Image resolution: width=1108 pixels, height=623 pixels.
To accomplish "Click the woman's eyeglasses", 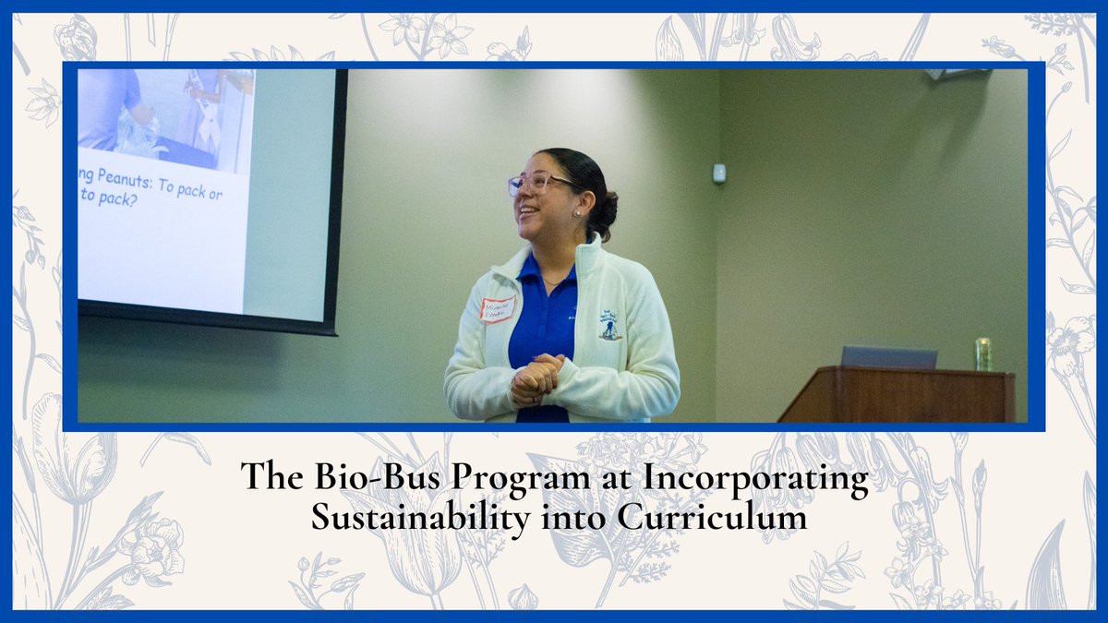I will click(537, 183).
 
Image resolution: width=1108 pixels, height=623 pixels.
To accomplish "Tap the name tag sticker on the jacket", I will click(498, 309).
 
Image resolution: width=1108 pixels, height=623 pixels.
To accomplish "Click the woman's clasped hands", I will click(536, 378).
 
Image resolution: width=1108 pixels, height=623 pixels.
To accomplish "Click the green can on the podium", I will click(983, 353).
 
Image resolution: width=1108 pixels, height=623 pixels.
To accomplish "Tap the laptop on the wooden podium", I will click(888, 357).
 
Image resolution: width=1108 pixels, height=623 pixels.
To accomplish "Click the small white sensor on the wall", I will click(719, 173).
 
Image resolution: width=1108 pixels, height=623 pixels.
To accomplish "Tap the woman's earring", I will click(576, 211).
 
